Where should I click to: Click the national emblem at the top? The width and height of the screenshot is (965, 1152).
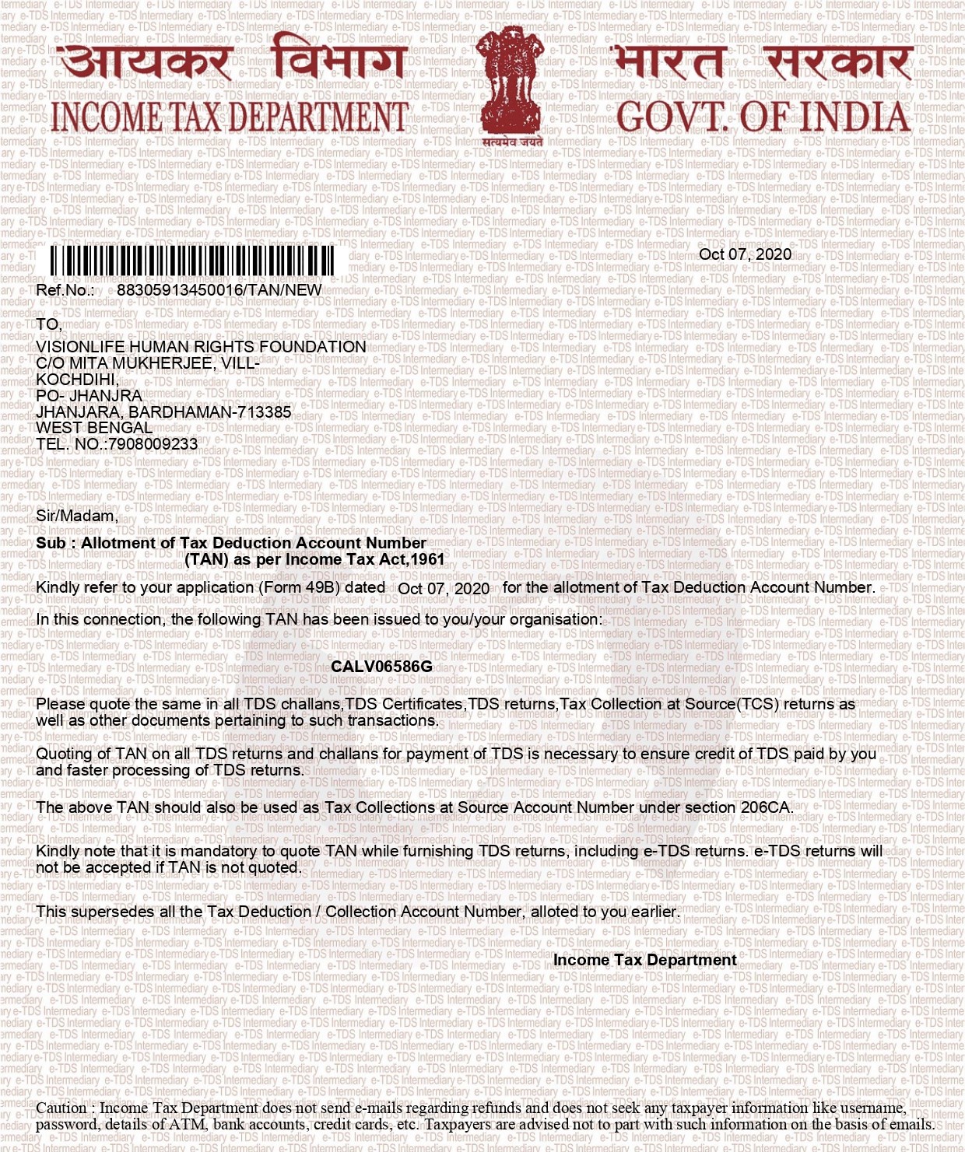click(511, 82)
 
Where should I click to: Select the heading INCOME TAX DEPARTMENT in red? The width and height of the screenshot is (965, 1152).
click(230, 117)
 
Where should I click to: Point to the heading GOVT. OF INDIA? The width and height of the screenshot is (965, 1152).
click(763, 117)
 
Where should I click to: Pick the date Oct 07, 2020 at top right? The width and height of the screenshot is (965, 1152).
click(745, 254)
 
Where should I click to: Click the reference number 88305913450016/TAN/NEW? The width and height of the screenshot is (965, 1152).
click(219, 290)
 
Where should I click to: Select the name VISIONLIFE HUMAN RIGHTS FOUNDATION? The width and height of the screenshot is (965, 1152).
click(201, 347)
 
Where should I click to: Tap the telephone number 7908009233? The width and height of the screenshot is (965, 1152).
click(153, 444)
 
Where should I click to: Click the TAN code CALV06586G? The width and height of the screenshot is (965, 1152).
click(381, 667)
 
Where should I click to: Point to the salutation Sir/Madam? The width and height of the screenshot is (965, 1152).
click(77, 516)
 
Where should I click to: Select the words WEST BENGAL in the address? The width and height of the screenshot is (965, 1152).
click(94, 428)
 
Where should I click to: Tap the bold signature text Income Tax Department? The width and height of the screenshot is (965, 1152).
click(644, 960)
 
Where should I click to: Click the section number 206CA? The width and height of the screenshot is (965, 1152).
click(766, 807)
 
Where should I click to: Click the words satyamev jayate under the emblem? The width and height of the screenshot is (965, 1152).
click(512, 142)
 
